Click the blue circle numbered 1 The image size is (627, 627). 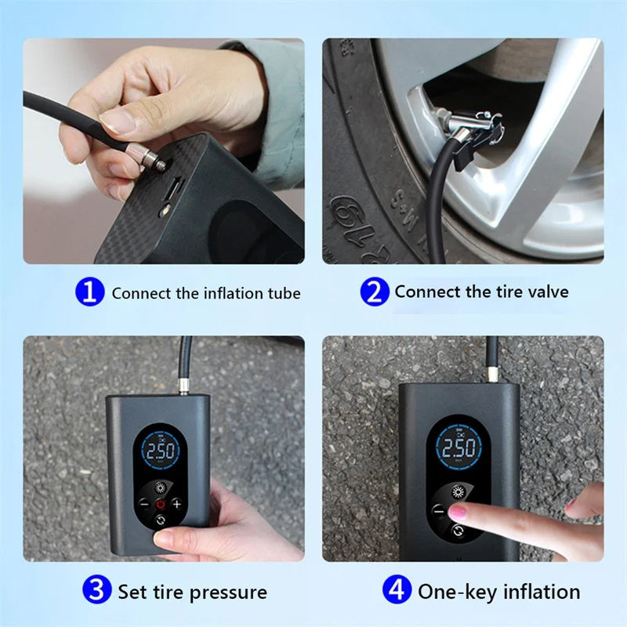(x=89, y=292)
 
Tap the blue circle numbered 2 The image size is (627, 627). (x=374, y=292)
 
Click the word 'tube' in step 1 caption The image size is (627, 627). (x=282, y=293)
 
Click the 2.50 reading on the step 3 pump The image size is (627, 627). (x=161, y=452)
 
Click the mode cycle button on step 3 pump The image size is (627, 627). (x=160, y=520)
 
